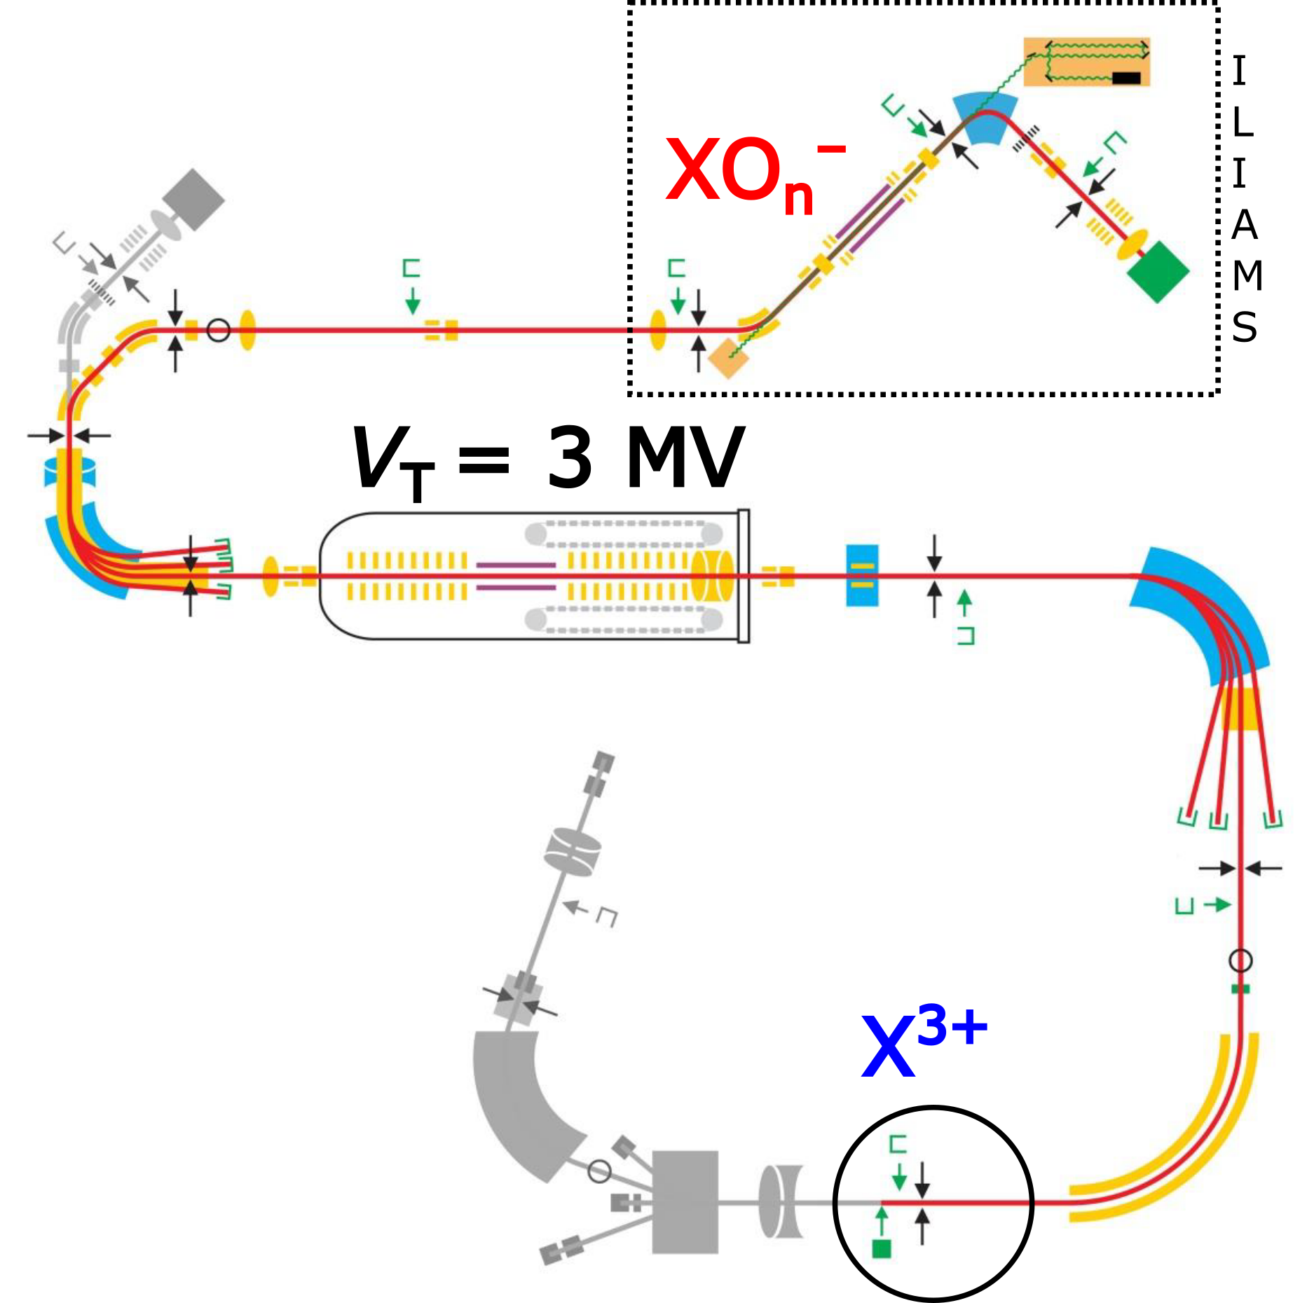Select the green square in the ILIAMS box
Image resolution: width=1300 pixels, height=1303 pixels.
[x=1158, y=272]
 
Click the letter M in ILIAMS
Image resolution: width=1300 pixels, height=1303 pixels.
[x=1247, y=275]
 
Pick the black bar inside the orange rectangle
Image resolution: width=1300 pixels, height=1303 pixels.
[x=1126, y=78]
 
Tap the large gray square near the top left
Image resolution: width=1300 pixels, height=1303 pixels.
[x=194, y=200]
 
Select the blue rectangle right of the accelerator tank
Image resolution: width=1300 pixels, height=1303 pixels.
[x=862, y=575]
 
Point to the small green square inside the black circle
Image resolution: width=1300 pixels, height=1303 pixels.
[x=881, y=1248]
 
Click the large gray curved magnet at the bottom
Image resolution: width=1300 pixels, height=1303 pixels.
[x=519, y=1100]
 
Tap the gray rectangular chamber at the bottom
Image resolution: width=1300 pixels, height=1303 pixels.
[x=685, y=1202]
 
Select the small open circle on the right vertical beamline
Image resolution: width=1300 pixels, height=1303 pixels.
[x=1240, y=960]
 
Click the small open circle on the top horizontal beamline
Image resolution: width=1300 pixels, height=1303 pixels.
[x=219, y=330]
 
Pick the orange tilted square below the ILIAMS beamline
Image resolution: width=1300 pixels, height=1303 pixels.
[x=728, y=358]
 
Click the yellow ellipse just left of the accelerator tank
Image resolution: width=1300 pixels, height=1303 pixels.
[x=271, y=576]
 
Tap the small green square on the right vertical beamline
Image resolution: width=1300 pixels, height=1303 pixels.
[x=1240, y=988]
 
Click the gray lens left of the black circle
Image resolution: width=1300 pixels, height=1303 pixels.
[x=779, y=1201]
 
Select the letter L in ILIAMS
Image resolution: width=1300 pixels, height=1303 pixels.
[x=1242, y=123]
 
